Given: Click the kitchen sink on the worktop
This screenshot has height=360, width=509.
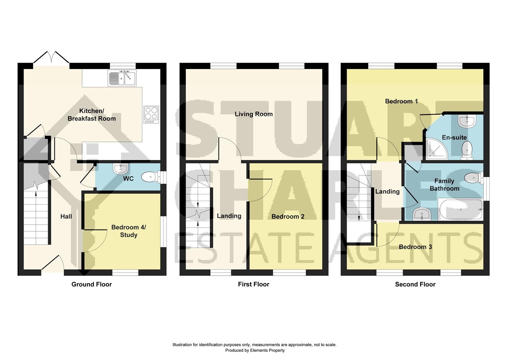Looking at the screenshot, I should pos(122,78).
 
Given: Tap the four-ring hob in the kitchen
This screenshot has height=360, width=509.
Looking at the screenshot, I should pos(151,114).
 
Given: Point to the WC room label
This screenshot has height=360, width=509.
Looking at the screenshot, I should pos(128,179).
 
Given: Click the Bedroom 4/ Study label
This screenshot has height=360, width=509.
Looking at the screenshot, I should pos(129,231).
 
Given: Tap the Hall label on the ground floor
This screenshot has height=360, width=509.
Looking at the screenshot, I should pos(66,217).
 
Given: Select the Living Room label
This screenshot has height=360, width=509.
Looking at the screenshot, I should pos(254,114).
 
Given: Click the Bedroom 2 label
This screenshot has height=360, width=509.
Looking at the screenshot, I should pos(288,217).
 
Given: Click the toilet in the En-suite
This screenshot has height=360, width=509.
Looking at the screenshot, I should pos(467,149).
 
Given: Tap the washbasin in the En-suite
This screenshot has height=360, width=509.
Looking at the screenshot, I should pos(467,121).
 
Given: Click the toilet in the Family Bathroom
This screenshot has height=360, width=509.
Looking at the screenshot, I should pos(473,177).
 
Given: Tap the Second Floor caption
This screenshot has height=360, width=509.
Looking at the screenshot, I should pos(415,284).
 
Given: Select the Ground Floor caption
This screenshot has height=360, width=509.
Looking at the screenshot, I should pos(92,284).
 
